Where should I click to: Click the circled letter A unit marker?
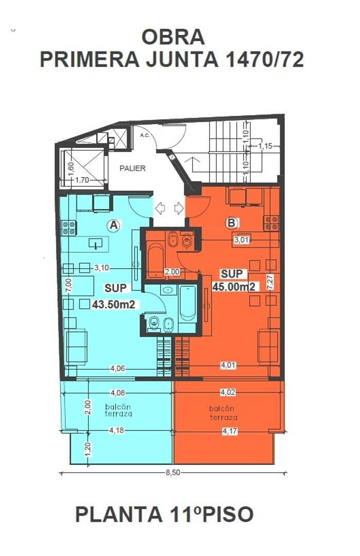click(x=113, y=225)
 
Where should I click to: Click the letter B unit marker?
click(x=232, y=223)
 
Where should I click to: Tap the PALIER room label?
click(x=132, y=168)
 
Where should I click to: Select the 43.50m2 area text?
click(x=113, y=304)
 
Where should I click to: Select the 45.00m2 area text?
click(x=234, y=287)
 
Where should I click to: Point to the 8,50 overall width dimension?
click(x=173, y=472)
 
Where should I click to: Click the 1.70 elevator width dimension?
click(x=82, y=180)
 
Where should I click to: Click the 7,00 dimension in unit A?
click(x=68, y=285)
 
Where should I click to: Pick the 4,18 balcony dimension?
click(x=116, y=430)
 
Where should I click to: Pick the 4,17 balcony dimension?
click(x=229, y=431)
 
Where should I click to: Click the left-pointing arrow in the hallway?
click(x=160, y=208)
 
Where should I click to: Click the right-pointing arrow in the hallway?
click(x=179, y=208)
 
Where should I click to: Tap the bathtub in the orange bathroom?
click(x=156, y=260)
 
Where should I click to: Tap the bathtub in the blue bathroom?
click(x=187, y=303)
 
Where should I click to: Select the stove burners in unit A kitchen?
click(x=68, y=228)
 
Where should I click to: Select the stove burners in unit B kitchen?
click(x=271, y=223)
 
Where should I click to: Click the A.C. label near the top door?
click(x=144, y=135)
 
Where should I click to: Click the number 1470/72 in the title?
click(x=265, y=59)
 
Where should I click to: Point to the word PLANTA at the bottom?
click(x=119, y=514)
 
